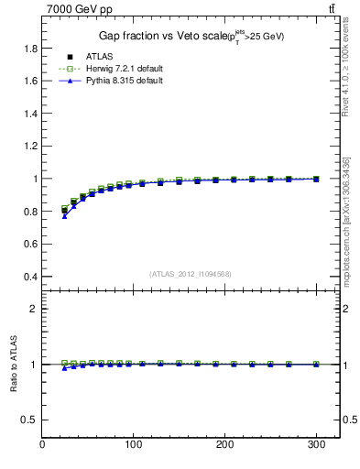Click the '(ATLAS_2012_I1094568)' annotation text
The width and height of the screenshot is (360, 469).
[x=190, y=273]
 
